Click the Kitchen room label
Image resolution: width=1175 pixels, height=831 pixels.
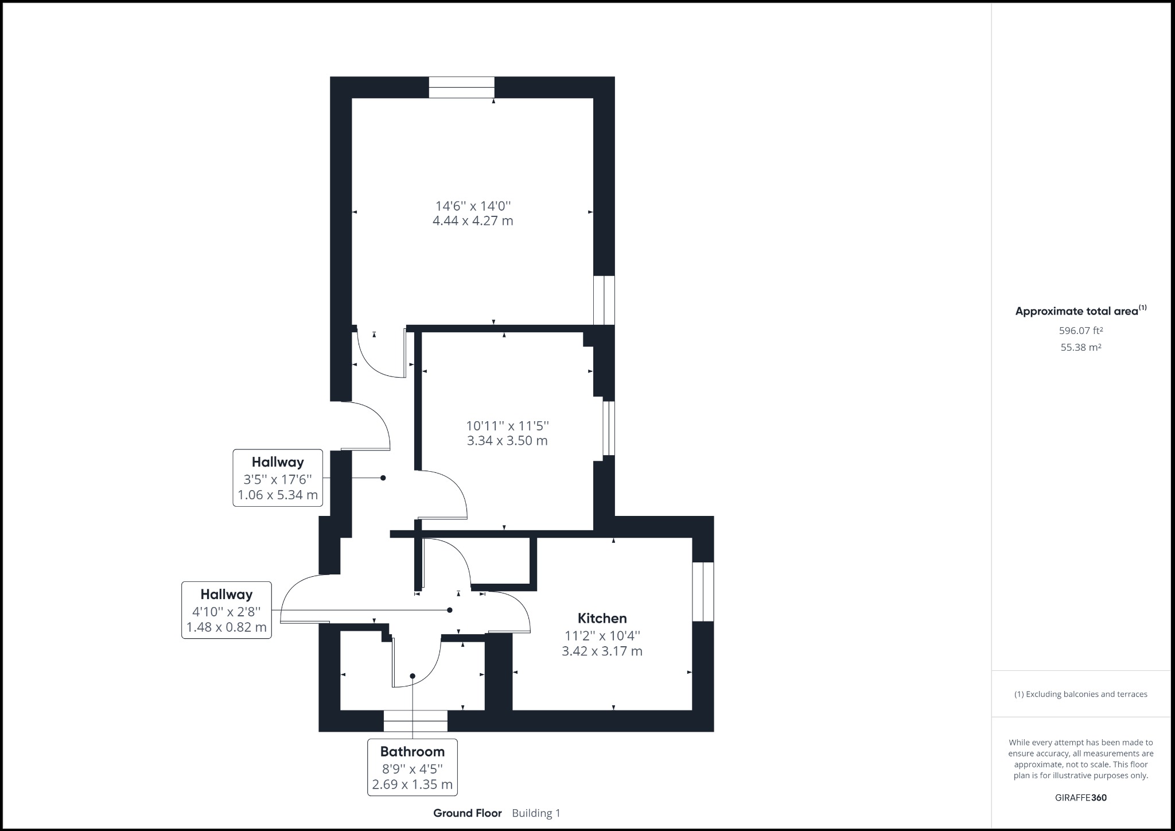coord(602,618)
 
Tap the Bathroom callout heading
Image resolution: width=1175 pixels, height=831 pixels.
coord(413,751)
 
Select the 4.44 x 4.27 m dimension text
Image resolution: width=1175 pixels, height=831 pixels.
coord(473,220)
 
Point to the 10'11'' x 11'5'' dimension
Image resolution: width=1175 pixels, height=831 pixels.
coord(508,426)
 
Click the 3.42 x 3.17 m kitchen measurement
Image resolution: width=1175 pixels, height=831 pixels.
coord(602,651)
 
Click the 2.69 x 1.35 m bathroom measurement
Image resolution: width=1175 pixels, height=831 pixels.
coord(413,784)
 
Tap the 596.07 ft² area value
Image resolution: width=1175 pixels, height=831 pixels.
coord(1081,331)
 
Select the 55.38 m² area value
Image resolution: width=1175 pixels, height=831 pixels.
coord(1081,347)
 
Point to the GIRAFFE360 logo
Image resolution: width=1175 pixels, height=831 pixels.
coord(1081,798)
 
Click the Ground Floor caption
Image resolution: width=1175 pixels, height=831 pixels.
coord(468,813)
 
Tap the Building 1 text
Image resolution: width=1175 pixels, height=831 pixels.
coord(536,813)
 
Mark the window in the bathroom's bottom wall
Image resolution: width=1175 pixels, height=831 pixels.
coord(415,721)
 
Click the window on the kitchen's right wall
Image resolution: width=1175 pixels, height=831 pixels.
coord(703,592)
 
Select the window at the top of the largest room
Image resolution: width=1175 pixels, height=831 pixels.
coord(462,87)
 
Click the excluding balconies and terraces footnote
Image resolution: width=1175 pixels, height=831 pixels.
coord(1081,694)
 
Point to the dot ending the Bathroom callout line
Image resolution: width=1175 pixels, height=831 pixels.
coord(413,676)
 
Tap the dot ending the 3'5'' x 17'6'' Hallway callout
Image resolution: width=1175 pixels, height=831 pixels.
coord(383,477)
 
